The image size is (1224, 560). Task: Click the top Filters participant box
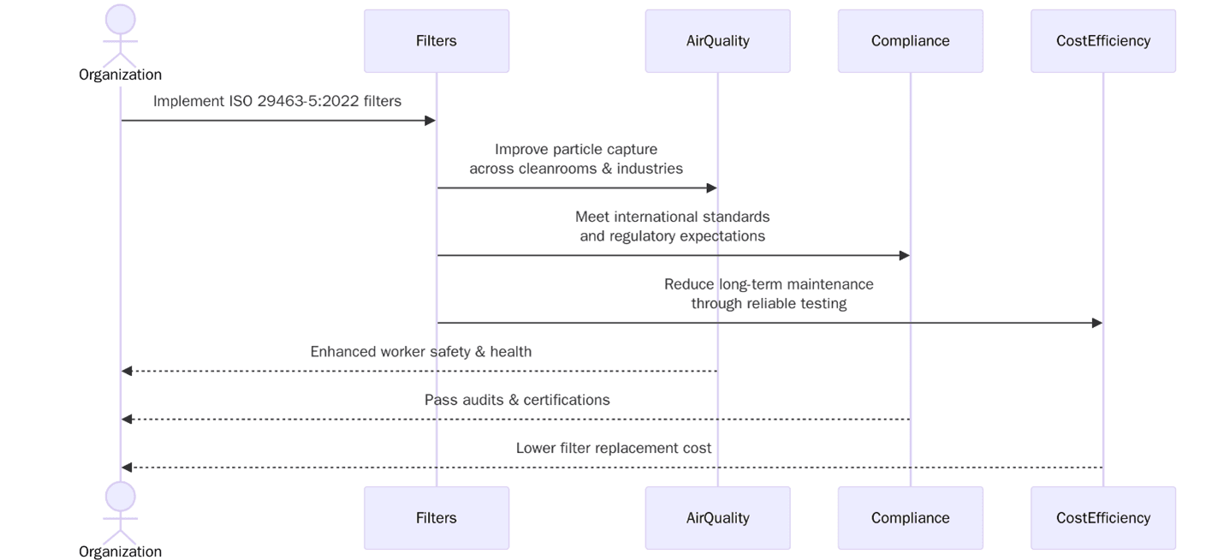coord(437,41)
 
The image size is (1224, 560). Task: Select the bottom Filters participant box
coord(437,518)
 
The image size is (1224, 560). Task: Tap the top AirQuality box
coord(717,41)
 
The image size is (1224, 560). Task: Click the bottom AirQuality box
coord(717,518)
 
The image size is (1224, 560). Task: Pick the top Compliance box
coord(910,41)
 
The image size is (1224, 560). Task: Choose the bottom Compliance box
coord(910,518)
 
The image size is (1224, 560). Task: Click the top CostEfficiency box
coord(1102,41)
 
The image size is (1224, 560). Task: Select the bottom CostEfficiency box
coord(1102,518)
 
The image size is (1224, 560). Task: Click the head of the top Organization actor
coord(121,20)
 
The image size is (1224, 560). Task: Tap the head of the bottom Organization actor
coord(121,497)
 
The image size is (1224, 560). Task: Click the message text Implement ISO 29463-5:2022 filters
coord(277,101)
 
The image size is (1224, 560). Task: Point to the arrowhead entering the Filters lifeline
coord(431,121)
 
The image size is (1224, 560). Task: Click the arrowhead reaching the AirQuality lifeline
coord(711,188)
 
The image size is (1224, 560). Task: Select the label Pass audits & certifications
coord(517,400)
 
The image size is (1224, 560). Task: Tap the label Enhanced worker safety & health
coord(420,352)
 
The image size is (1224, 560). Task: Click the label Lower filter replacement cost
coord(613,448)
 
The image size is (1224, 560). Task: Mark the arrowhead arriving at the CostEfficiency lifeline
coord(1096,323)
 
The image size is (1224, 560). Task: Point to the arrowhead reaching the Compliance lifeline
coord(904,255)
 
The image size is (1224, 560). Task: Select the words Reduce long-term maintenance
coord(769,284)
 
